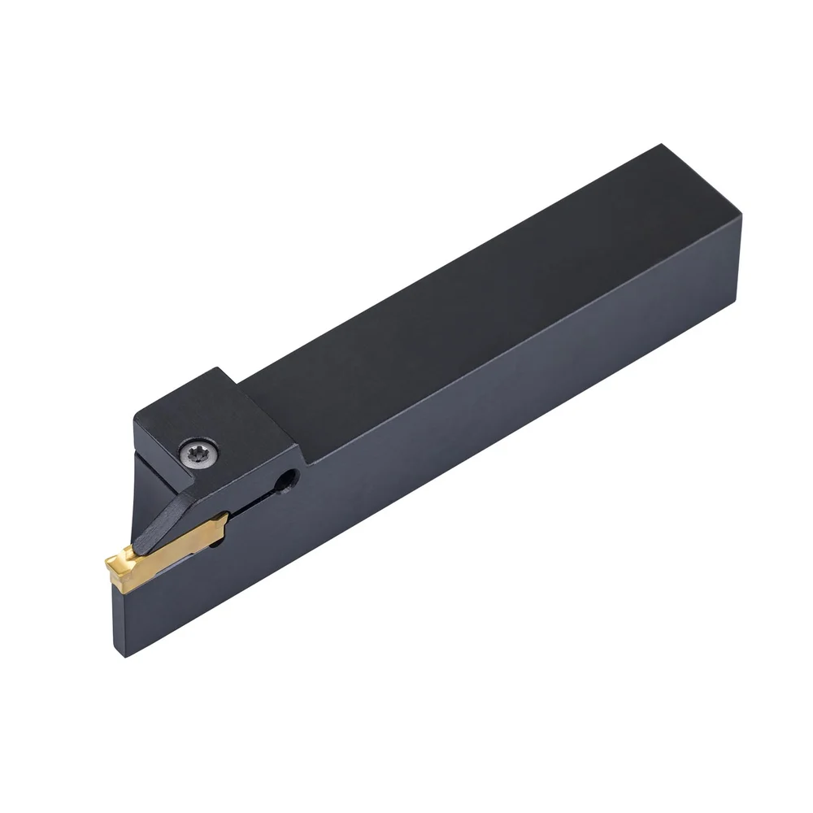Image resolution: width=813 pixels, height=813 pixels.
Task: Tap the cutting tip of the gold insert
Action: coord(111,561)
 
